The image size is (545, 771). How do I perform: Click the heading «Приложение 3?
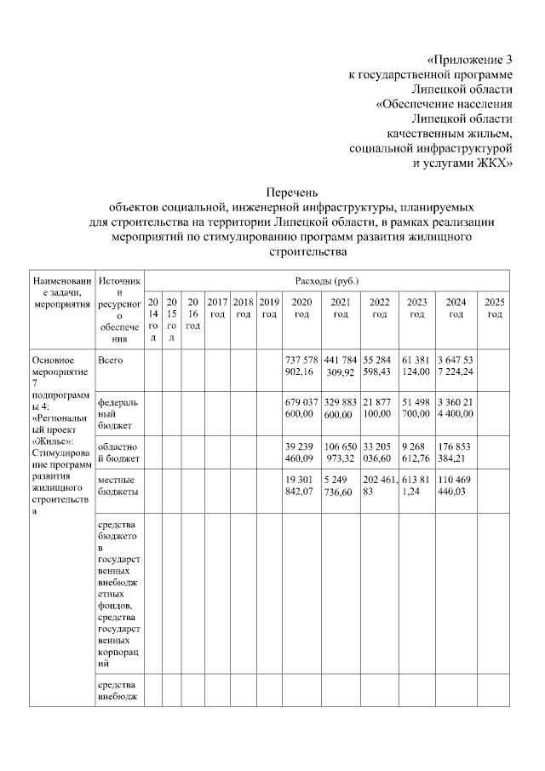[470, 60]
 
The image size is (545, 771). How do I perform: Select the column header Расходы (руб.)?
[326, 280]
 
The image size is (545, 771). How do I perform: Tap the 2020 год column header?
[301, 308]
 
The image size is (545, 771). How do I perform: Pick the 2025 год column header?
[494, 308]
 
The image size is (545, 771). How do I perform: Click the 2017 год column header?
[217, 308]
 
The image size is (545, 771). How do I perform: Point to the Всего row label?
[111, 360]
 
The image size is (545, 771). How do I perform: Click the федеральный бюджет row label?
[116, 411]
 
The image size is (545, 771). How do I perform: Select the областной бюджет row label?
[118, 451]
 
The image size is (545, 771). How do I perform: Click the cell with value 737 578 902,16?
[301, 366]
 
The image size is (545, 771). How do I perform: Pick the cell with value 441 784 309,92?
[341, 366]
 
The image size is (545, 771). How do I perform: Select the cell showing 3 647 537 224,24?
[456, 366]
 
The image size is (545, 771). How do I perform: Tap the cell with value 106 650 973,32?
[341, 451]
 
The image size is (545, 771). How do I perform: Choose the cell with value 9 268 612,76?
[416, 451]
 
